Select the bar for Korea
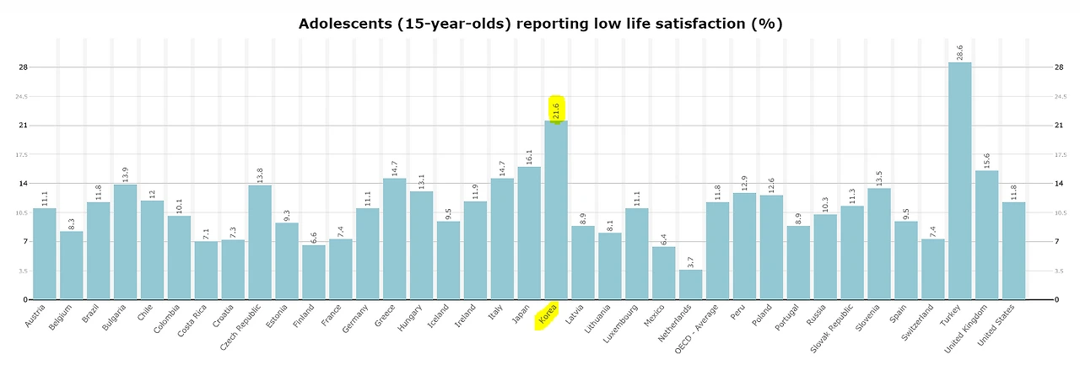[556, 210]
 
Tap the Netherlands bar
[690, 285]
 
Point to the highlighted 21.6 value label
[556, 110]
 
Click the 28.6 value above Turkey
[960, 52]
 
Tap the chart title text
[540, 24]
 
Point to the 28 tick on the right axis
[1059, 67]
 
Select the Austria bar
[45, 254]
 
